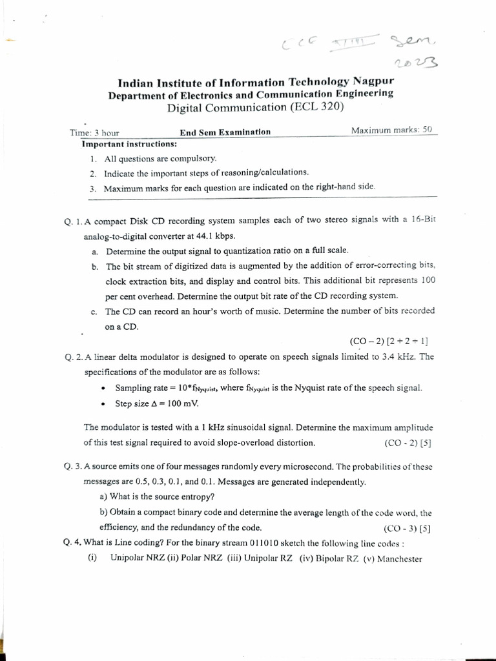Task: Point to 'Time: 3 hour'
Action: [x=94, y=132]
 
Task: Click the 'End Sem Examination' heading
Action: [x=225, y=132]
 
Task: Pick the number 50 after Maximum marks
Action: [x=427, y=130]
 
